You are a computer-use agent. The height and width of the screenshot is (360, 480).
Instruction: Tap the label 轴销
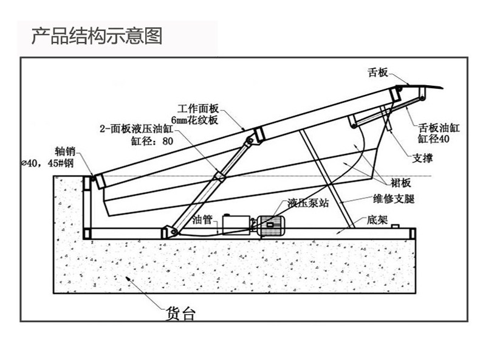tap(64, 152)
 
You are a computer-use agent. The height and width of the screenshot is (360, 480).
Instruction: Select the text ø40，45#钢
tap(47, 163)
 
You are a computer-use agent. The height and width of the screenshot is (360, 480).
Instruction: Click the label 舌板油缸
tap(439, 128)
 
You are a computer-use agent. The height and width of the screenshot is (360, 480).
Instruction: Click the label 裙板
tap(402, 182)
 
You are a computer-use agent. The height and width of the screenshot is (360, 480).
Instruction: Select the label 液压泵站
tap(309, 203)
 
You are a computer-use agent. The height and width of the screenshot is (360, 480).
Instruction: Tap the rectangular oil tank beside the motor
tap(236, 224)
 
